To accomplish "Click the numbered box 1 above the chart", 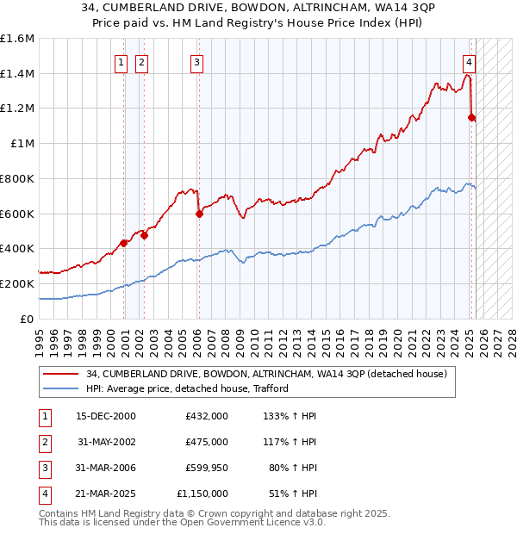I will click(x=121, y=62).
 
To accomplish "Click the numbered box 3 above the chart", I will click(x=197, y=62).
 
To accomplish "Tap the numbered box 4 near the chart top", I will click(x=469, y=62).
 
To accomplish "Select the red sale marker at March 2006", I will click(x=199, y=214).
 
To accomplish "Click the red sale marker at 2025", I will click(x=471, y=117).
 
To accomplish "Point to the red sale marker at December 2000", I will click(x=124, y=243).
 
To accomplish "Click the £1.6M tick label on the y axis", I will click(x=17, y=39).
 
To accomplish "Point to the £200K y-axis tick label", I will click(x=17, y=283).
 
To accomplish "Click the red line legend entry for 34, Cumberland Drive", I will click(x=266, y=375).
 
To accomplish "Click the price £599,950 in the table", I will click(x=206, y=468).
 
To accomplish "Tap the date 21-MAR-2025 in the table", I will click(x=106, y=494).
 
